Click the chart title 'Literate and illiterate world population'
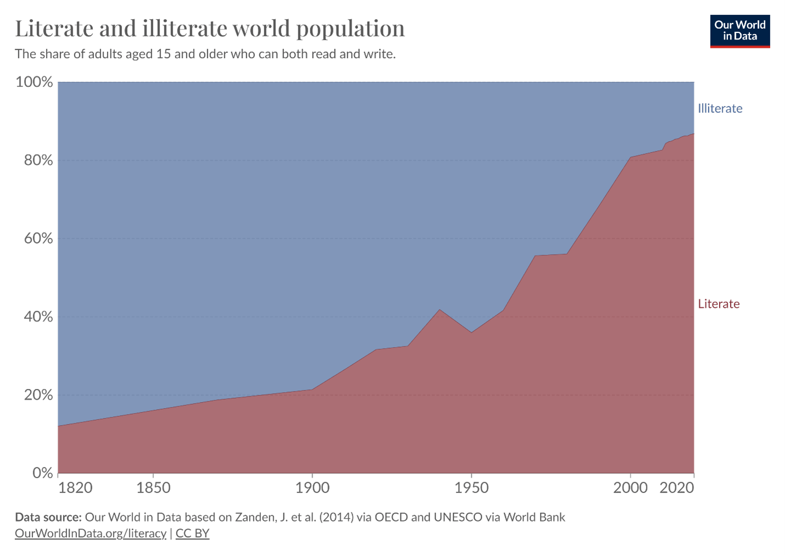tap(210, 29)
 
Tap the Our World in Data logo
tap(739, 31)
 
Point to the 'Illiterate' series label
tap(720, 108)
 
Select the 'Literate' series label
tap(719, 304)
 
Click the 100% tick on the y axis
tap(34, 82)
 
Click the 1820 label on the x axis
tap(75, 487)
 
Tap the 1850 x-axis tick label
tap(153, 487)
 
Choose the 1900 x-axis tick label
tap(312, 487)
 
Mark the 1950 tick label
tap(471, 487)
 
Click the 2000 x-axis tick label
tap(630, 487)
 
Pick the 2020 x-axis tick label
tap(677, 487)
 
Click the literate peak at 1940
tap(439, 309)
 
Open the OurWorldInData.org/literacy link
tap(91, 533)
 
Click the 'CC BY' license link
tap(192, 533)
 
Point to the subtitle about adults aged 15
tap(205, 54)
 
